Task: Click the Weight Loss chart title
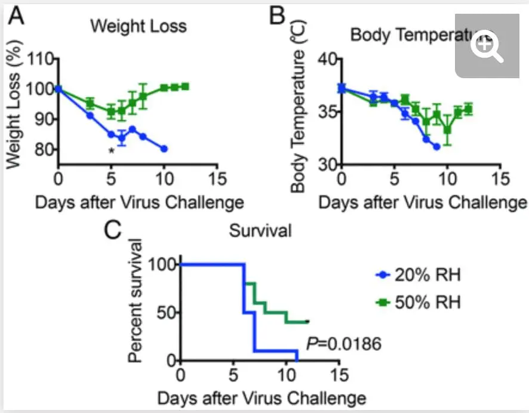138,26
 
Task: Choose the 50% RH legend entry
419,301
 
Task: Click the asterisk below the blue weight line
111,152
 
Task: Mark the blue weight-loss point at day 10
164,149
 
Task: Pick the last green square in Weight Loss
185,87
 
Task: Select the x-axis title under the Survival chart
262,397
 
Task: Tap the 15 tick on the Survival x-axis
339,375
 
